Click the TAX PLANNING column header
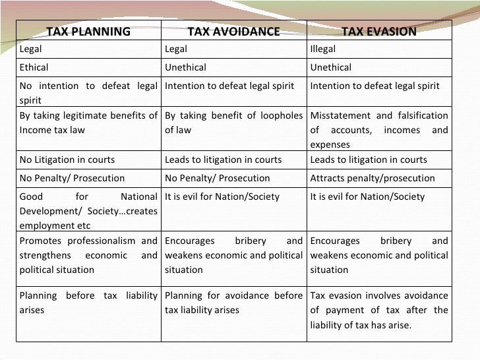(88, 32)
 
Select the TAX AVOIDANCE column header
(233, 32)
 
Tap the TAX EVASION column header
(378, 32)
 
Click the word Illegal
(323, 49)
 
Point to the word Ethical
(34, 67)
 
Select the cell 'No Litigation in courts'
(67, 160)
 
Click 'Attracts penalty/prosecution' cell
(373, 178)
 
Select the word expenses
(330, 144)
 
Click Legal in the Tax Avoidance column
(176, 49)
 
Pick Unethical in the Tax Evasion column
(331, 67)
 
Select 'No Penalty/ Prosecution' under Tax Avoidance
(218, 178)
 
